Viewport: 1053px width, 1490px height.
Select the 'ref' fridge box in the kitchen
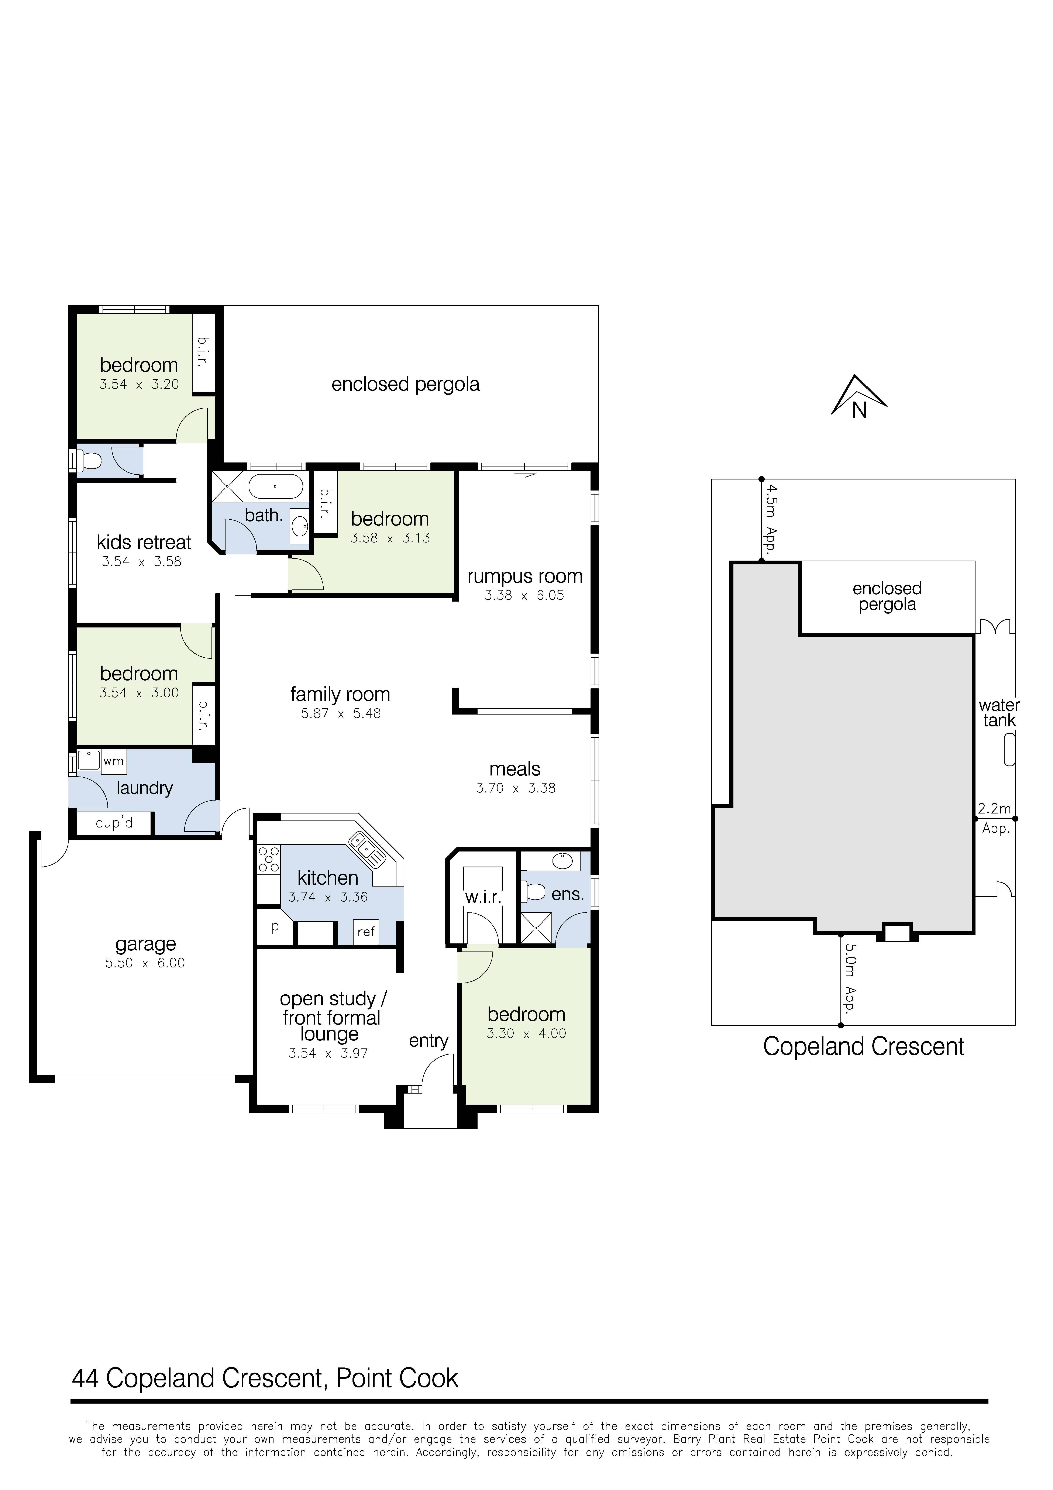coord(366,932)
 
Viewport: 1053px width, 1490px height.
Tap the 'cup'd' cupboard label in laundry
coord(114,823)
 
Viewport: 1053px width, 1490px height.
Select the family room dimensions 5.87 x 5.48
coord(341,713)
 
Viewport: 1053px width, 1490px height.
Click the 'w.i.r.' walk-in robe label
coord(483,898)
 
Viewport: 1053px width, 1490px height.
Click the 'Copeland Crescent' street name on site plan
coord(863,1047)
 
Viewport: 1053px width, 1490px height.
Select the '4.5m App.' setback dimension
coord(770,517)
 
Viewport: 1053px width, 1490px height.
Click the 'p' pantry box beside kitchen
coord(275,927)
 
